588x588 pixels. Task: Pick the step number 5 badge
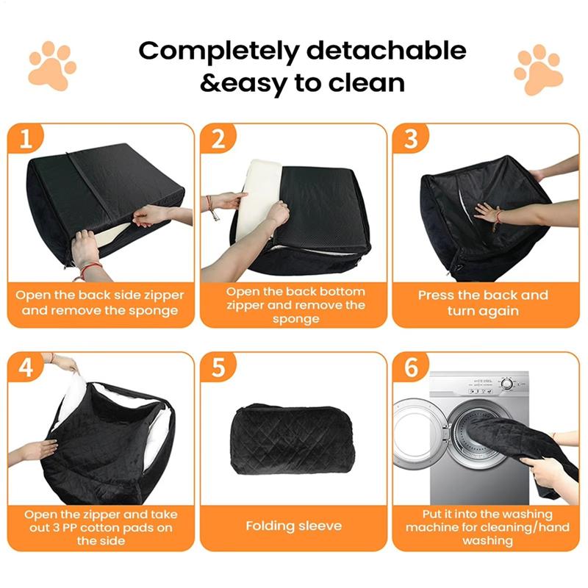pyautogui.click(x=218, y=367)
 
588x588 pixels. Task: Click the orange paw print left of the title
pyautogui.click(x=51, y=66)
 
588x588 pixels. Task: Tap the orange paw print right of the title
pyautogui.click(x=538, y=71)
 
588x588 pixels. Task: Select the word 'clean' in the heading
pyautogui.click(x=366, y=82)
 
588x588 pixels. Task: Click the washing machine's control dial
pyautogui.click(x=506, y=384)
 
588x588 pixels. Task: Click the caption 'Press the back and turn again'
pyautogui.click(x=483, y=302)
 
